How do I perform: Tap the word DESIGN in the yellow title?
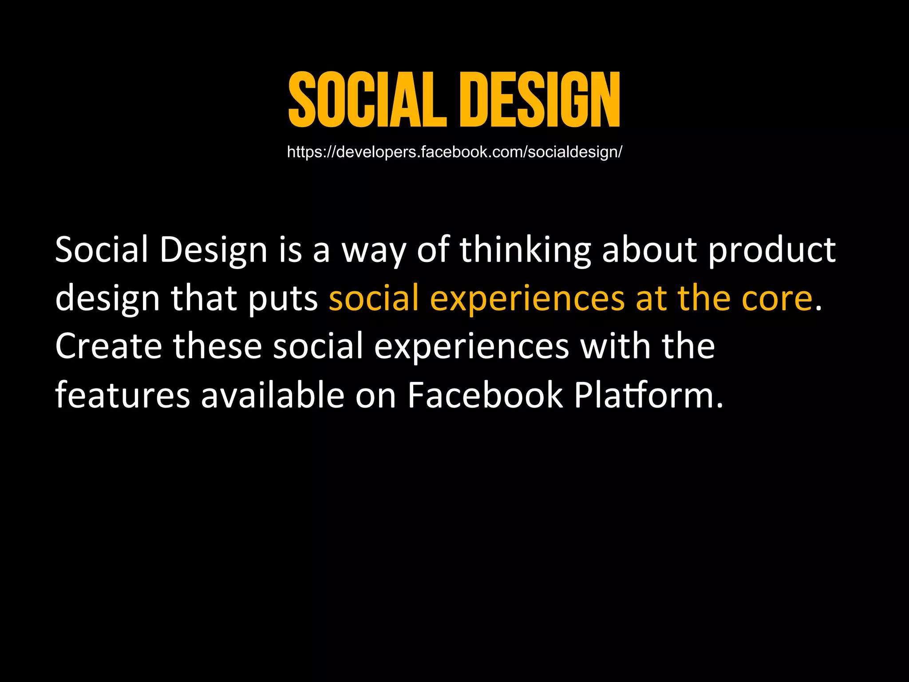(x=540, y=100)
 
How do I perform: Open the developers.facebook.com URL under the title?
(x=454, y=152)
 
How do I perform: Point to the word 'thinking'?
(x=525, y=250)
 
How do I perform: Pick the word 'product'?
(x=772, y=250)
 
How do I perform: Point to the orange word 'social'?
(x=374, y=298)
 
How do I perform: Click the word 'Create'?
(x=109, y=346)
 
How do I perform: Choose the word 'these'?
(x=217, y=346)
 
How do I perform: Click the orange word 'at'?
(x=652, y=299)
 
